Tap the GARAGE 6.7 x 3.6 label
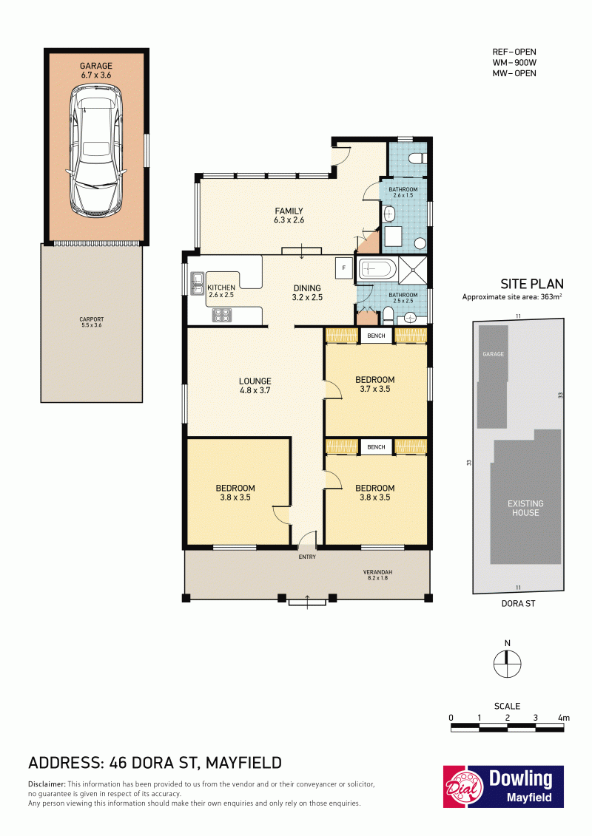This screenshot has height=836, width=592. (96, 70)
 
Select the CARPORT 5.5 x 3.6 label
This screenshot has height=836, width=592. (91, 322)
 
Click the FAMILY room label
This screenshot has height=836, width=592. (289, 215)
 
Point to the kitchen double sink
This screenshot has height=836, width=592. (196, 283)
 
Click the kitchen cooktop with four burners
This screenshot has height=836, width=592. (222, 315)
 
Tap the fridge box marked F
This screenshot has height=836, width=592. (344, 268)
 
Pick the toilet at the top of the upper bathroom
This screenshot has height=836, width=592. (416, 158)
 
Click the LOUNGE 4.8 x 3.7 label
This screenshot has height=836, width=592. (255, 386)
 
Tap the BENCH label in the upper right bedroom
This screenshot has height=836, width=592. (377, 336)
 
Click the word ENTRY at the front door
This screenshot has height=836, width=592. (308, 557)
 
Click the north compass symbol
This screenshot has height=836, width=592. (507, 665)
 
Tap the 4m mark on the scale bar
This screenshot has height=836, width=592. (564, 718)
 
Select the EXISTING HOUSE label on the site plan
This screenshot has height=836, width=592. (526, 508)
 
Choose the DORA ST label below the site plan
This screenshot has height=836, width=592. (518, 604)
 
